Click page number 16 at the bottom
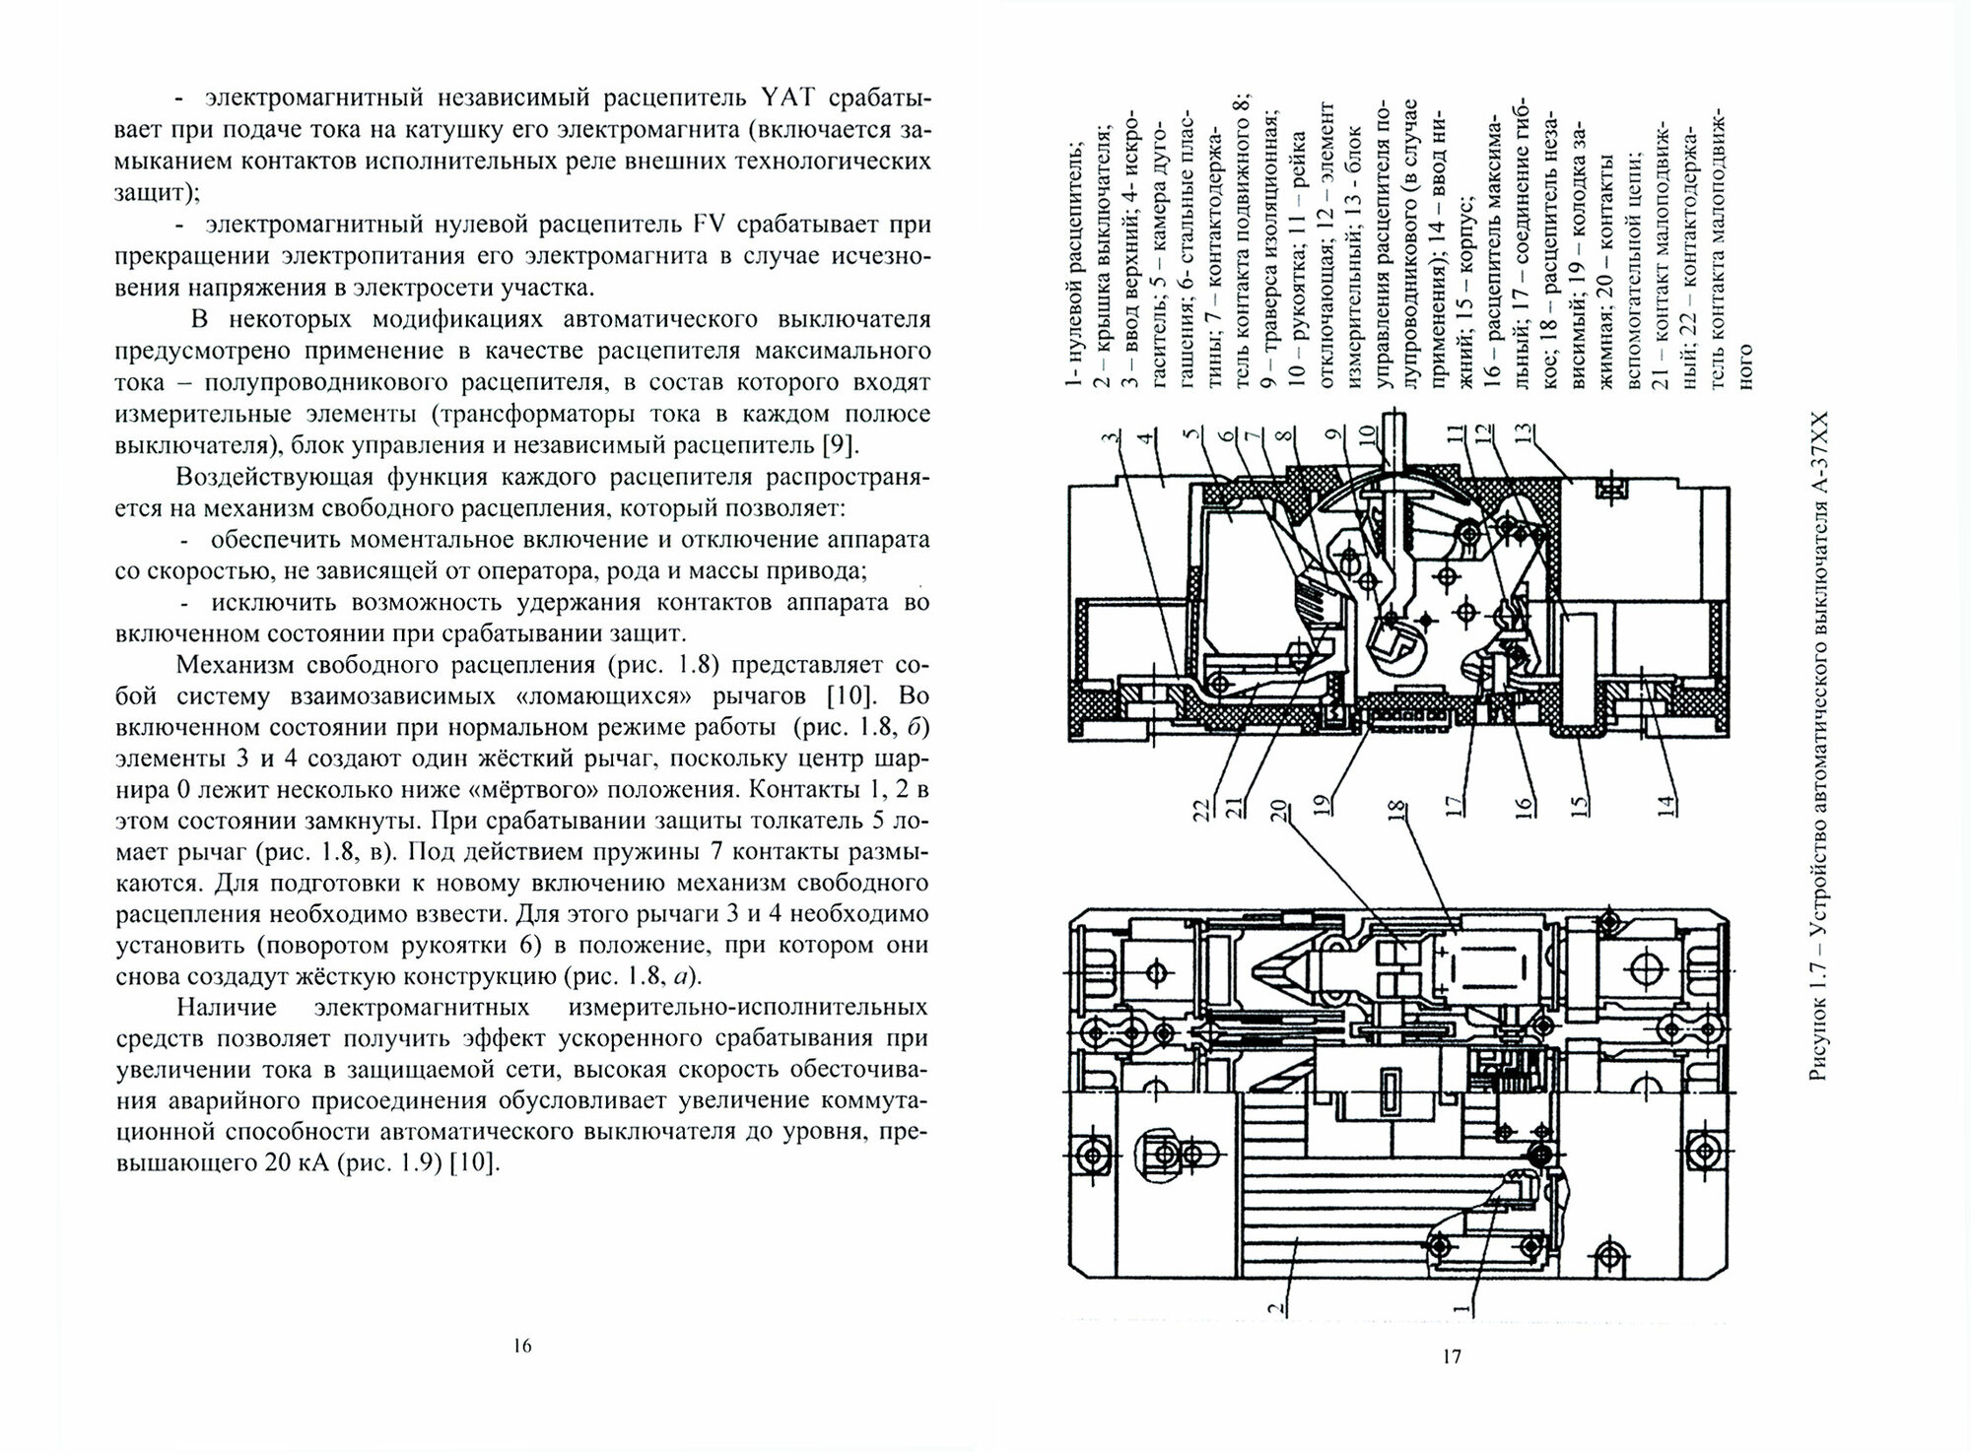(x=522, y=1346)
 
